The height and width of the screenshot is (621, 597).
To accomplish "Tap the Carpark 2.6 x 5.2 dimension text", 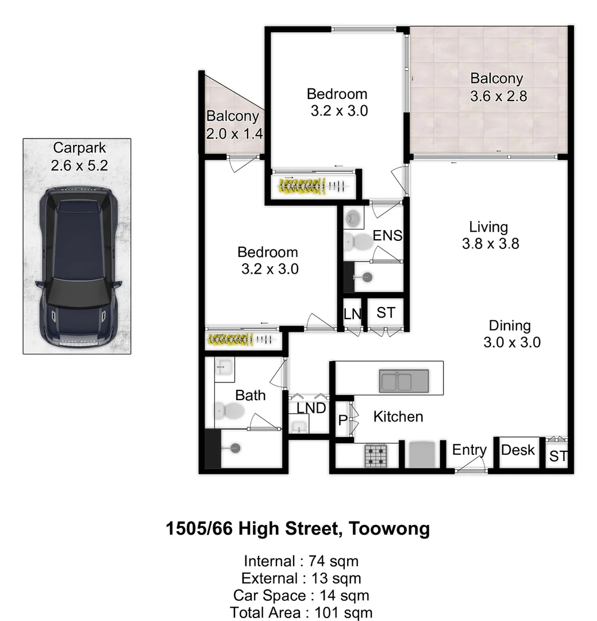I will click(79, 166).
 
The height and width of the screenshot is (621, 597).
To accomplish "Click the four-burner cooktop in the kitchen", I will click(376, 456).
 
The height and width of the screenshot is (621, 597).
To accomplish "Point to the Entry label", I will click(469, 450).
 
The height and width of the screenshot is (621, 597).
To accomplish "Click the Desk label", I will click(518, 450).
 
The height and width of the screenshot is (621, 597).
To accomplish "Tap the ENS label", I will click(387, 235).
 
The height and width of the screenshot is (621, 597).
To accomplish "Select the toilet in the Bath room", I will click(229, 411).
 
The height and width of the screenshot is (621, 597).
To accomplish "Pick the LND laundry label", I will click(311, 408).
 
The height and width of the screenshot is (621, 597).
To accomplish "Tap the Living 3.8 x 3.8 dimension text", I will click(490, 243).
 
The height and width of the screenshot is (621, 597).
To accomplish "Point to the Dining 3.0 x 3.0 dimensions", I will click(512, 342).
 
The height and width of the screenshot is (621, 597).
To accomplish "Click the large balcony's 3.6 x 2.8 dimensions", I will click(498, 96).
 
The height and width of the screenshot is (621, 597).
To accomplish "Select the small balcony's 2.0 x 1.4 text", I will click(234, 134).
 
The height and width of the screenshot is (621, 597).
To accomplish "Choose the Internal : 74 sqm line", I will click(301, 561).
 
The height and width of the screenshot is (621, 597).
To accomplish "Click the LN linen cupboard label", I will click(352, 313).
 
